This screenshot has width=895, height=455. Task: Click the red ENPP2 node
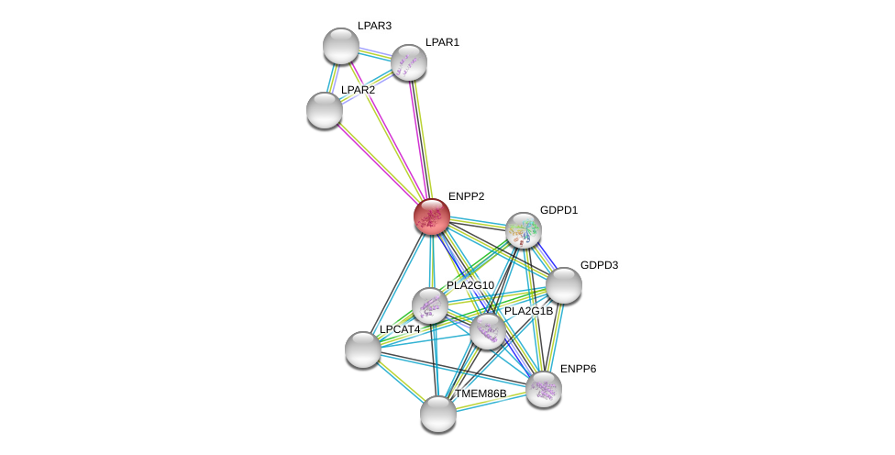click(x=431, y=216)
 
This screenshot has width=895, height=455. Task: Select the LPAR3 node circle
click(x=341, y=46)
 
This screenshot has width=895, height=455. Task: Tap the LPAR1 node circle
click(x=409, y=62)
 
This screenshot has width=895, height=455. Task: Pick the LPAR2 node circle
click(x=325, y=110)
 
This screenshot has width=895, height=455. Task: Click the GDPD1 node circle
click(x=523, y=230)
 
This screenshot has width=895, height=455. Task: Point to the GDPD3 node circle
click(x=564, y=285)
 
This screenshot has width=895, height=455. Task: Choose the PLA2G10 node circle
click(x=429, y=305)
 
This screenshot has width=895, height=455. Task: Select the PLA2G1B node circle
click(x=487, y=331)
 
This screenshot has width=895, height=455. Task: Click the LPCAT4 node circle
click(x=363, y=350)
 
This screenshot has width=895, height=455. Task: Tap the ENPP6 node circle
click(x=543, y=388)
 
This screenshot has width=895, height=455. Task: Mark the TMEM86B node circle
click(x=438, y=414)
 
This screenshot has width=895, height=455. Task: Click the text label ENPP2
click(x=466, y=196)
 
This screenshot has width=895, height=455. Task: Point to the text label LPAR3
click(x=374, y=26)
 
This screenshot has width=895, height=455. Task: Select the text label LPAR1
click(x=442, y=42)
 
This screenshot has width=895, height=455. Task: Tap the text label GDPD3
click(x=599, y=265)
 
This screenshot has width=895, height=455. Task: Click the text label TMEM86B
click(x=481, y=394)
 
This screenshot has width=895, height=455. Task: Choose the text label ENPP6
click(x=578, y=369)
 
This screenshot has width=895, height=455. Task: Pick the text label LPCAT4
click(x=400, y=329)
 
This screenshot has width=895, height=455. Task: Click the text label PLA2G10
click(x=470, y=285)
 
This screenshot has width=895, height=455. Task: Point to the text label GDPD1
click(x=558, y=210)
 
